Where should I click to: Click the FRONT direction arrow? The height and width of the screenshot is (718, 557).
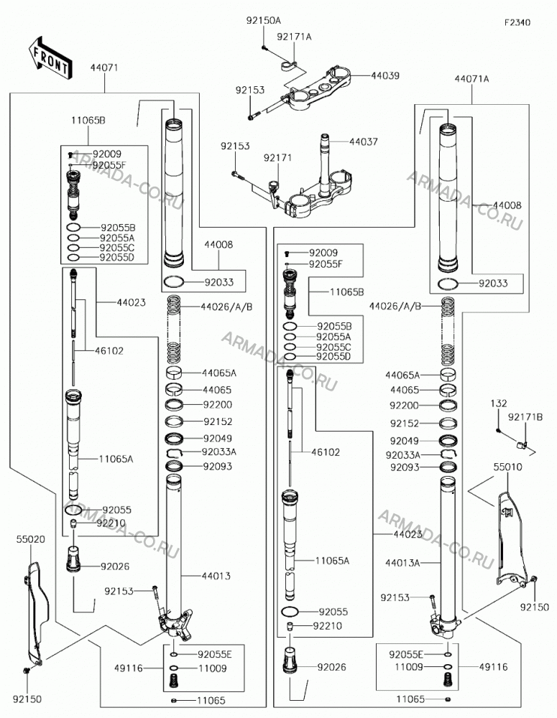50,58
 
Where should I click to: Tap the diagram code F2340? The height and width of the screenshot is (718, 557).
517,22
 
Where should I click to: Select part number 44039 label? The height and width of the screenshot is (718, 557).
385,75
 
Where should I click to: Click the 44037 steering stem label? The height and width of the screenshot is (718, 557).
364,142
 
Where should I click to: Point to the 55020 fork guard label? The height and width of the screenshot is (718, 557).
31,539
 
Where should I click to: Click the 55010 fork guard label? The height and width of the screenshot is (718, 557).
507,467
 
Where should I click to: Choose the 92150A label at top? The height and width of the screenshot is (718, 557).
264,21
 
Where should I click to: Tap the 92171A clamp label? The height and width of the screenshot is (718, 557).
294,37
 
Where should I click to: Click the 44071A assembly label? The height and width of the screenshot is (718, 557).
471,79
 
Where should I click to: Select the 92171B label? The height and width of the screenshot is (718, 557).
525,417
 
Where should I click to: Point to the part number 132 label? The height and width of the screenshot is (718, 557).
498,404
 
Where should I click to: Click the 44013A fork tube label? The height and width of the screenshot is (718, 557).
402,563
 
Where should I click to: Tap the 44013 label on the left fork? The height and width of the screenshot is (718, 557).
216,576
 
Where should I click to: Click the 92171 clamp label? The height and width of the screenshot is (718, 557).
277,158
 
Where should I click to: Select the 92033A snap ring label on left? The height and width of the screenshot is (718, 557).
219,452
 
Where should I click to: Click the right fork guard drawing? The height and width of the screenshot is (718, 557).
511,541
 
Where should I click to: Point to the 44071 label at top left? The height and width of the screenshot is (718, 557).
104,67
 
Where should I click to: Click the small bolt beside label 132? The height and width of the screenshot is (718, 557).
498,430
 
